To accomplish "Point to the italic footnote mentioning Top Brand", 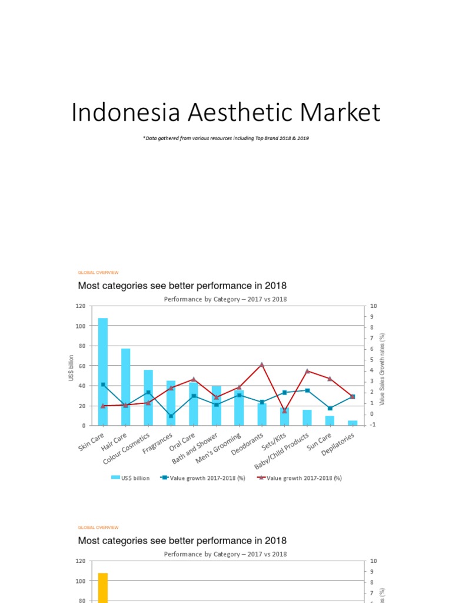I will (x=226, y=138).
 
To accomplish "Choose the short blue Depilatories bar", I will (x=353, y=423).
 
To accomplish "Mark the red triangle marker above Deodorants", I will (x=262, y=365).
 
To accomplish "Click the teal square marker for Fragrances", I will (x=171, y=416).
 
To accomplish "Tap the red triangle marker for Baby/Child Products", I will (x=307, y=371).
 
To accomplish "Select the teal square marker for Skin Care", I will (x=103, y=385).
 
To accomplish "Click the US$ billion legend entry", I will (x=131, y=478).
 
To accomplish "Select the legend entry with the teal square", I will (x=202, y=478).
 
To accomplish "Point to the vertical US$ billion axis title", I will (x=71, y=367).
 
